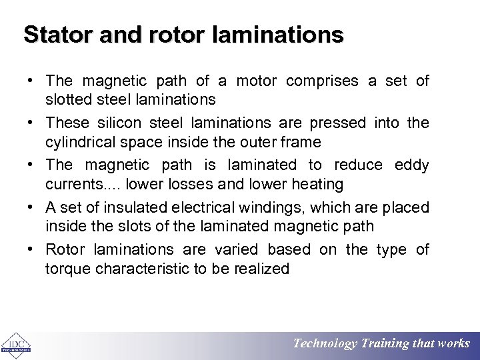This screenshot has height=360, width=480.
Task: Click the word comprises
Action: (323, 81)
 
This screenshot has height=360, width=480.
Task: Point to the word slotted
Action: (68, 100)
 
